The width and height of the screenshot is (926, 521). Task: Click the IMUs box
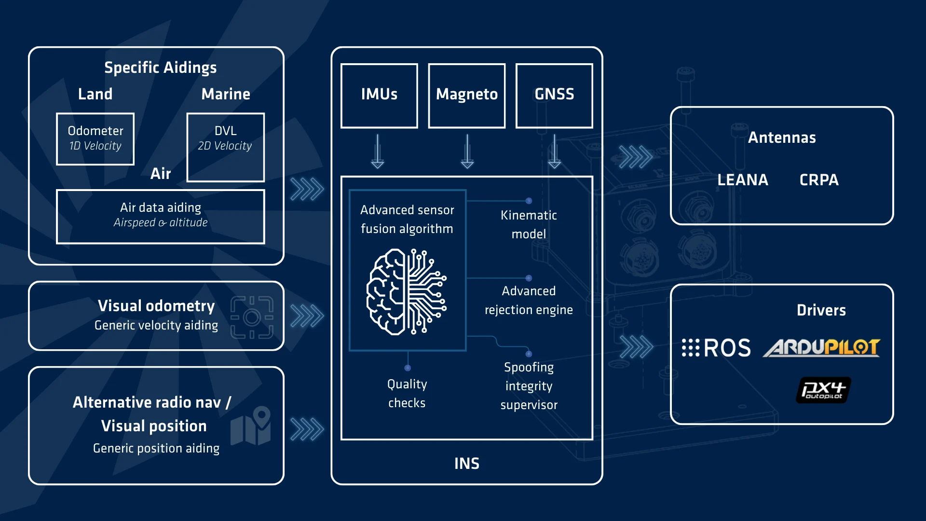tap(379, 96)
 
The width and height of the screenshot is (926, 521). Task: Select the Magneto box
tap(466, 96)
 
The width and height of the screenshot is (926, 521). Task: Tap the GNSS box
tap(554, 96)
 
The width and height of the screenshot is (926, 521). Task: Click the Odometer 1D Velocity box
tap(95, 139)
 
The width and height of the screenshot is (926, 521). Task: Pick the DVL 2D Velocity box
tap(225, 147)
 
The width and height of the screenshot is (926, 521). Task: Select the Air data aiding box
tap(160, 216)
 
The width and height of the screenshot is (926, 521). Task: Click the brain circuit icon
tap(407, 291)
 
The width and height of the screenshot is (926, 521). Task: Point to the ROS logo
tap(716, 348)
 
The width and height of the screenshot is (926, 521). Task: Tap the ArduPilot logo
tap(821, 347)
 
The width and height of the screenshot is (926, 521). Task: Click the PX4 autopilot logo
tap(823, 390)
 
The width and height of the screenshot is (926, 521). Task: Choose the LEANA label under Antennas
tap(742, 180)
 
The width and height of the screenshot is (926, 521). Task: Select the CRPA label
tap(819, 180)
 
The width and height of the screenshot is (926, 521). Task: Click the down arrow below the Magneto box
tap(467, 151)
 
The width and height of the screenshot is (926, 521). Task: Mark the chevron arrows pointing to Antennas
tap(635, 157)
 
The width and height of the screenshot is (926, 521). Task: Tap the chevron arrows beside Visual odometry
tap(307, 316)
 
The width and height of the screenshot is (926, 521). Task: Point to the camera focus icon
tap(252, 317)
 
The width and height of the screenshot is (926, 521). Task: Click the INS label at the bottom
tap(466, 464)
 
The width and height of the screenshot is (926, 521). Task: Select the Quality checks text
tap(407, 393)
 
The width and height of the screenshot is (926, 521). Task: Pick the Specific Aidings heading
tap(160, 68)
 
